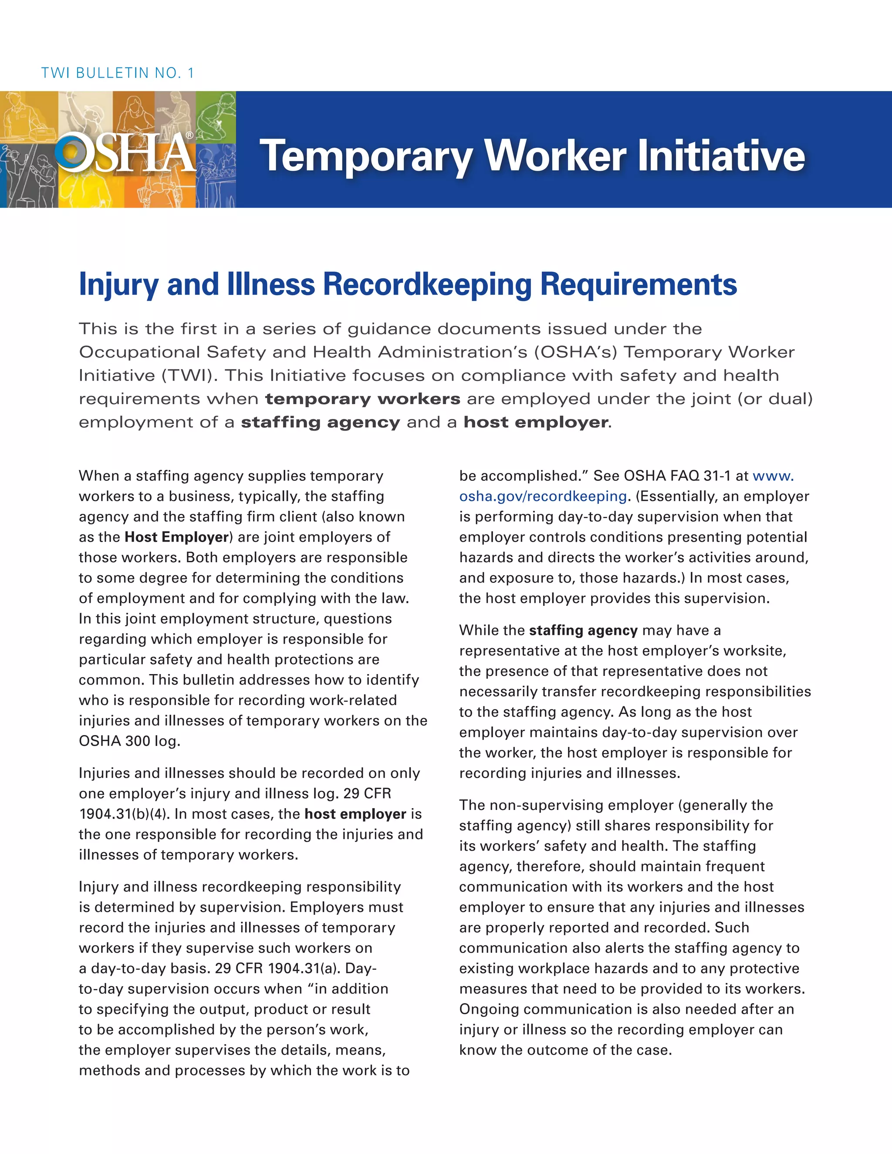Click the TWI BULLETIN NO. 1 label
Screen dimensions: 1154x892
point(117,73)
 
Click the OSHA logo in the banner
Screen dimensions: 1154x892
point(125,153)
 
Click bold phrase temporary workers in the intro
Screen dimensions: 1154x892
point(362,399)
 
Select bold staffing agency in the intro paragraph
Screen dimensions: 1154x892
point(320,422)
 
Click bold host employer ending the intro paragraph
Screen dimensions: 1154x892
point(536,422)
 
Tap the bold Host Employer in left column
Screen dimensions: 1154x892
point(176,537)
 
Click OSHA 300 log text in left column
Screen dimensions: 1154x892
point(129,741)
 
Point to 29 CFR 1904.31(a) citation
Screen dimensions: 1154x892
point(280,968)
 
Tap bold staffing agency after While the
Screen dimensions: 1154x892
point(583,631)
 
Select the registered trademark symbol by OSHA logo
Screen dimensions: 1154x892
point(189,135)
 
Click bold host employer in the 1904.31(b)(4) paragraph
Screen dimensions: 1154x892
point(355,814)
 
